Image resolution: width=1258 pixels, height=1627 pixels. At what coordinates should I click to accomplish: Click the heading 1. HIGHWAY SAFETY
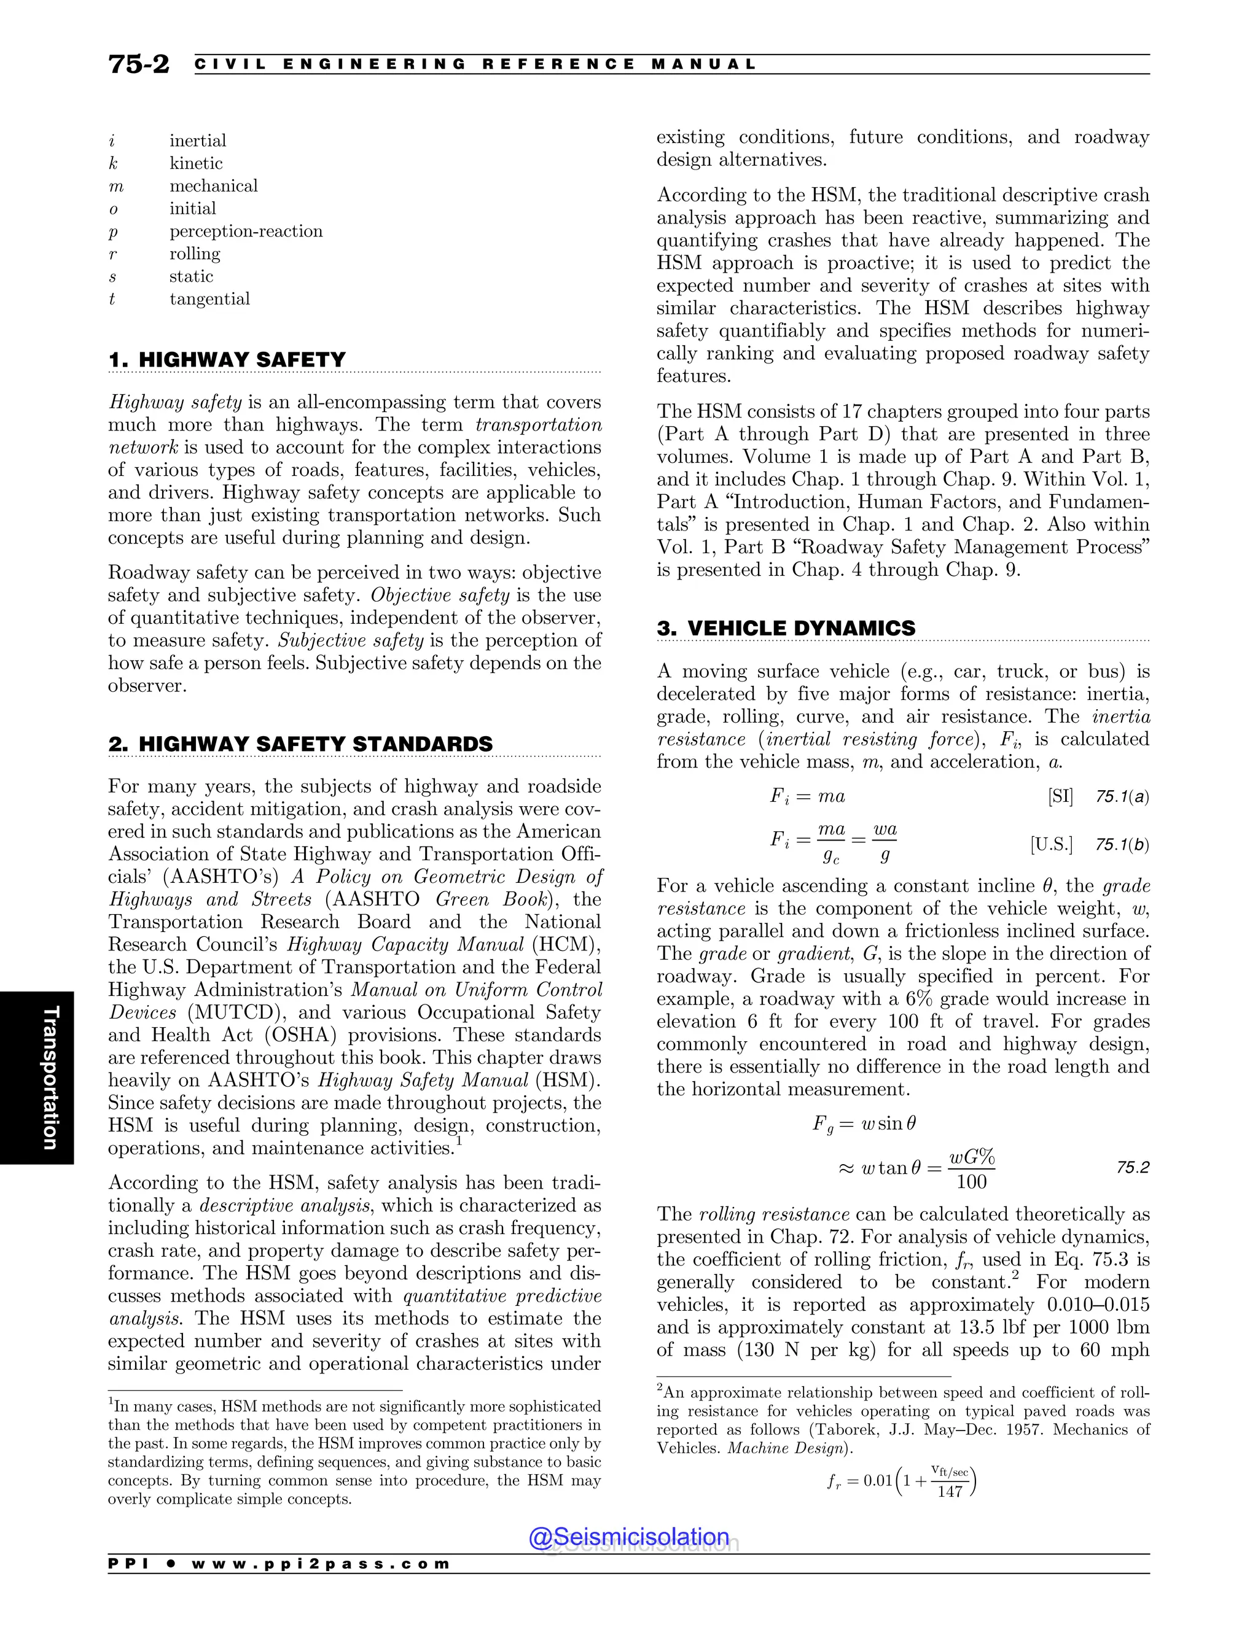tap(227, 360)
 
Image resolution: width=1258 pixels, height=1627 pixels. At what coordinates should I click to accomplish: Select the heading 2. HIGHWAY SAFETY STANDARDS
tap(300, 744)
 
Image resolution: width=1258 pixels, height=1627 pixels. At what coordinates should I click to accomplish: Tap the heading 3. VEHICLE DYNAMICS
tap(786, 628)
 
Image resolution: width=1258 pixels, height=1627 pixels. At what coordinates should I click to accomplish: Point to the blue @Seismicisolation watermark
tap(629, 1536)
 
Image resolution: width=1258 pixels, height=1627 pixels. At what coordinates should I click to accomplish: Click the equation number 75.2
tap(1132, 1167)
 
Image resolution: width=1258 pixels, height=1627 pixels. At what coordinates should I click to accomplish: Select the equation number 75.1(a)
tap(1122, 796)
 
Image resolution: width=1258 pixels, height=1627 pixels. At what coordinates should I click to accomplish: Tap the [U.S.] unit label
tap(1052, 844)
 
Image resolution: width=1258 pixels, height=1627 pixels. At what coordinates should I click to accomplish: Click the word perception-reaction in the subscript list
tap(246, 231)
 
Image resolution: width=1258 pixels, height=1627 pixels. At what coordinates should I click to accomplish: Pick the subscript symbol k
tap(113, 163)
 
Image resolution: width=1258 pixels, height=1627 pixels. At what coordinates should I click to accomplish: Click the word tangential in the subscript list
tap(209, 299)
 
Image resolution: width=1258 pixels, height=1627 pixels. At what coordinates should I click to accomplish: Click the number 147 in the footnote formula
tap(950, 1491)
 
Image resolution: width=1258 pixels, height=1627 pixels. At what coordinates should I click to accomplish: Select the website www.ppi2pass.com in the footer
tap(321, 1564)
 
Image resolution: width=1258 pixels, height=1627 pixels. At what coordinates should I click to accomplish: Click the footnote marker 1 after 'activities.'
tap(459, 1141)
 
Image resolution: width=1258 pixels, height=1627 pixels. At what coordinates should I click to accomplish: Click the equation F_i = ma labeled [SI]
tap(807, 796)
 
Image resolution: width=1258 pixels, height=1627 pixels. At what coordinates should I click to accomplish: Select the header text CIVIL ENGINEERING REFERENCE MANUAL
tap(475, 64)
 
